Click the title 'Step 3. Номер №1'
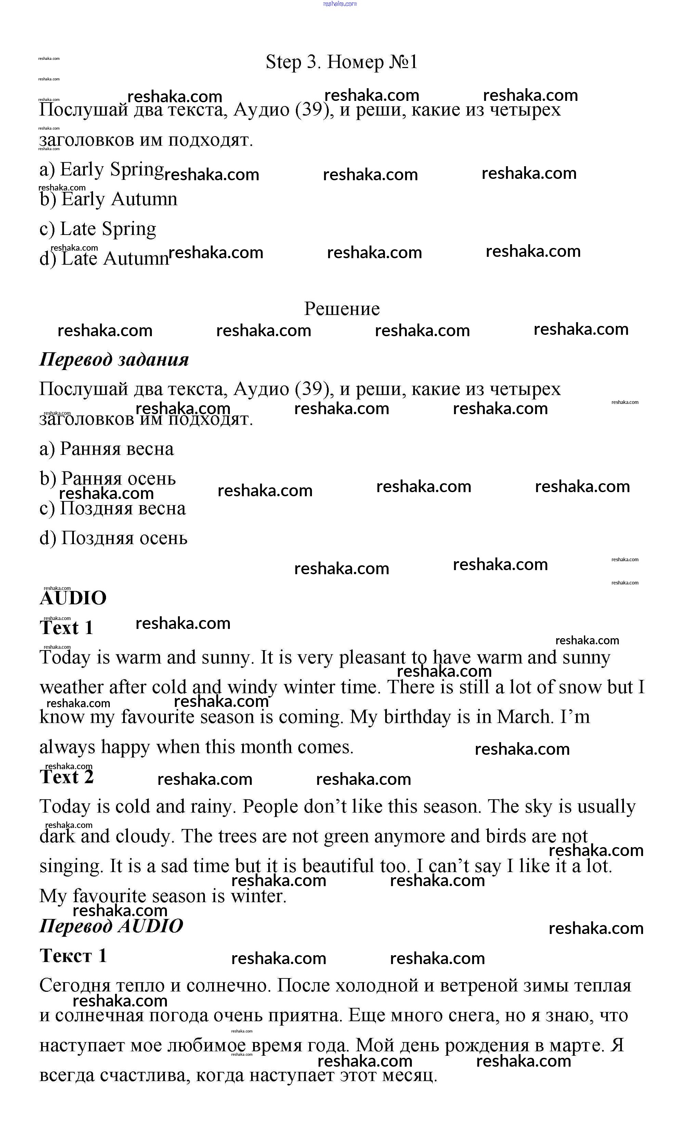(341, 62)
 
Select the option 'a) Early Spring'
(101, 170)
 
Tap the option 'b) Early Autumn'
(108, 199)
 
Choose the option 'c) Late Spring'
(97, 229)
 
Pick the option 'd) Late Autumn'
(104, 259)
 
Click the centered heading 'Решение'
(341, 309)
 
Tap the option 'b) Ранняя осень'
(107, 479)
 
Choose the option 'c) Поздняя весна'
(113, 509)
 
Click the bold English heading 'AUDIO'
(73, 598)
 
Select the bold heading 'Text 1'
(66, 628)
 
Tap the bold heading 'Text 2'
(66, 777)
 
